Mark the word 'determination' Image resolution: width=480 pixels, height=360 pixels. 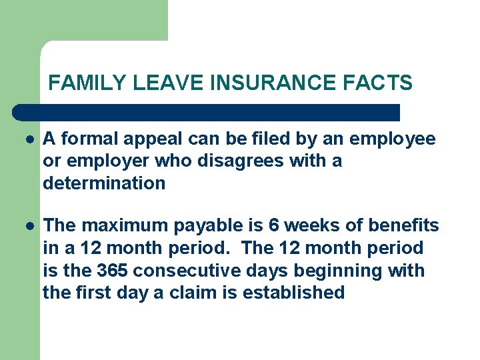(x=104, y=183)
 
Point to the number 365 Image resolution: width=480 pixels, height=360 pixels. (x=113, y=270)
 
